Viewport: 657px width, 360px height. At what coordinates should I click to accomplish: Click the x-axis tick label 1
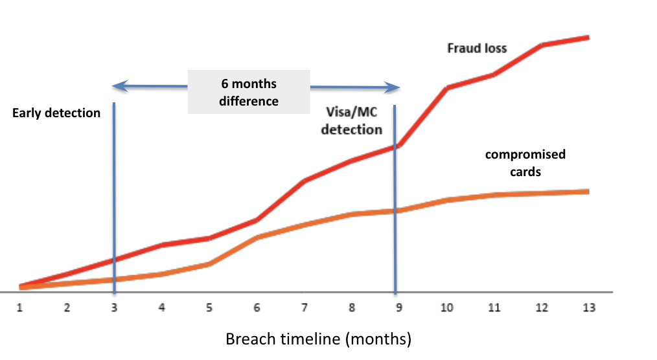[x=19, y=308]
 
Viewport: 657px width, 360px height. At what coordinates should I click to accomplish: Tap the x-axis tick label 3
[x=114, y=308]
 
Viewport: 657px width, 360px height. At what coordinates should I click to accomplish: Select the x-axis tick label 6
[x=257, y=308]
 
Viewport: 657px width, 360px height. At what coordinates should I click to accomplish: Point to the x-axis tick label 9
[x=399, y=308]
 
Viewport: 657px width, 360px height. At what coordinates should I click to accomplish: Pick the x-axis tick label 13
[x=589, y=308]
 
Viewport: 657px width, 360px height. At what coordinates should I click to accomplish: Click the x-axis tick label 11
[x=494, y=308]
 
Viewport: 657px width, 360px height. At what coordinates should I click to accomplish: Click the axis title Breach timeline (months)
[x=318, y=339]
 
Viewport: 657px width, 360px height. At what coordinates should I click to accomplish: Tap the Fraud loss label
[x=477, y=49]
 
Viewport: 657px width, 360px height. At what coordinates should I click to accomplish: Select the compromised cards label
[x=525, y=163]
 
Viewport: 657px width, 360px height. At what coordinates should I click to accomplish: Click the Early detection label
[x=56, y=113]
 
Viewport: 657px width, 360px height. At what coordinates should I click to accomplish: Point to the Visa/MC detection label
[x=352, y=120]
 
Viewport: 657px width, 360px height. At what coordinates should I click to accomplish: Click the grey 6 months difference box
[x=249, y=92]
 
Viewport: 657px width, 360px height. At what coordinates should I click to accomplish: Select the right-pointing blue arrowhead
[x=392, y=87]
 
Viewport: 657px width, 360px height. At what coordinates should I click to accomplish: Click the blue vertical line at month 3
[x=114, y=197]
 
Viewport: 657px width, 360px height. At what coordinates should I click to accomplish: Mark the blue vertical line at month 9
[x=395, y=199]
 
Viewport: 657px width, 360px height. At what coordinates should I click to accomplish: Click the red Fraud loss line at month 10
[x=447, y=88]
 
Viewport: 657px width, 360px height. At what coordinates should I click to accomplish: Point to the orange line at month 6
[x=257, y=238]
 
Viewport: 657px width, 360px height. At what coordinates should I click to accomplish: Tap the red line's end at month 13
[x=589, y=38]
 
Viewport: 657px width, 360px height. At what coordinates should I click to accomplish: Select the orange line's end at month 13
[x=589, y=192]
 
